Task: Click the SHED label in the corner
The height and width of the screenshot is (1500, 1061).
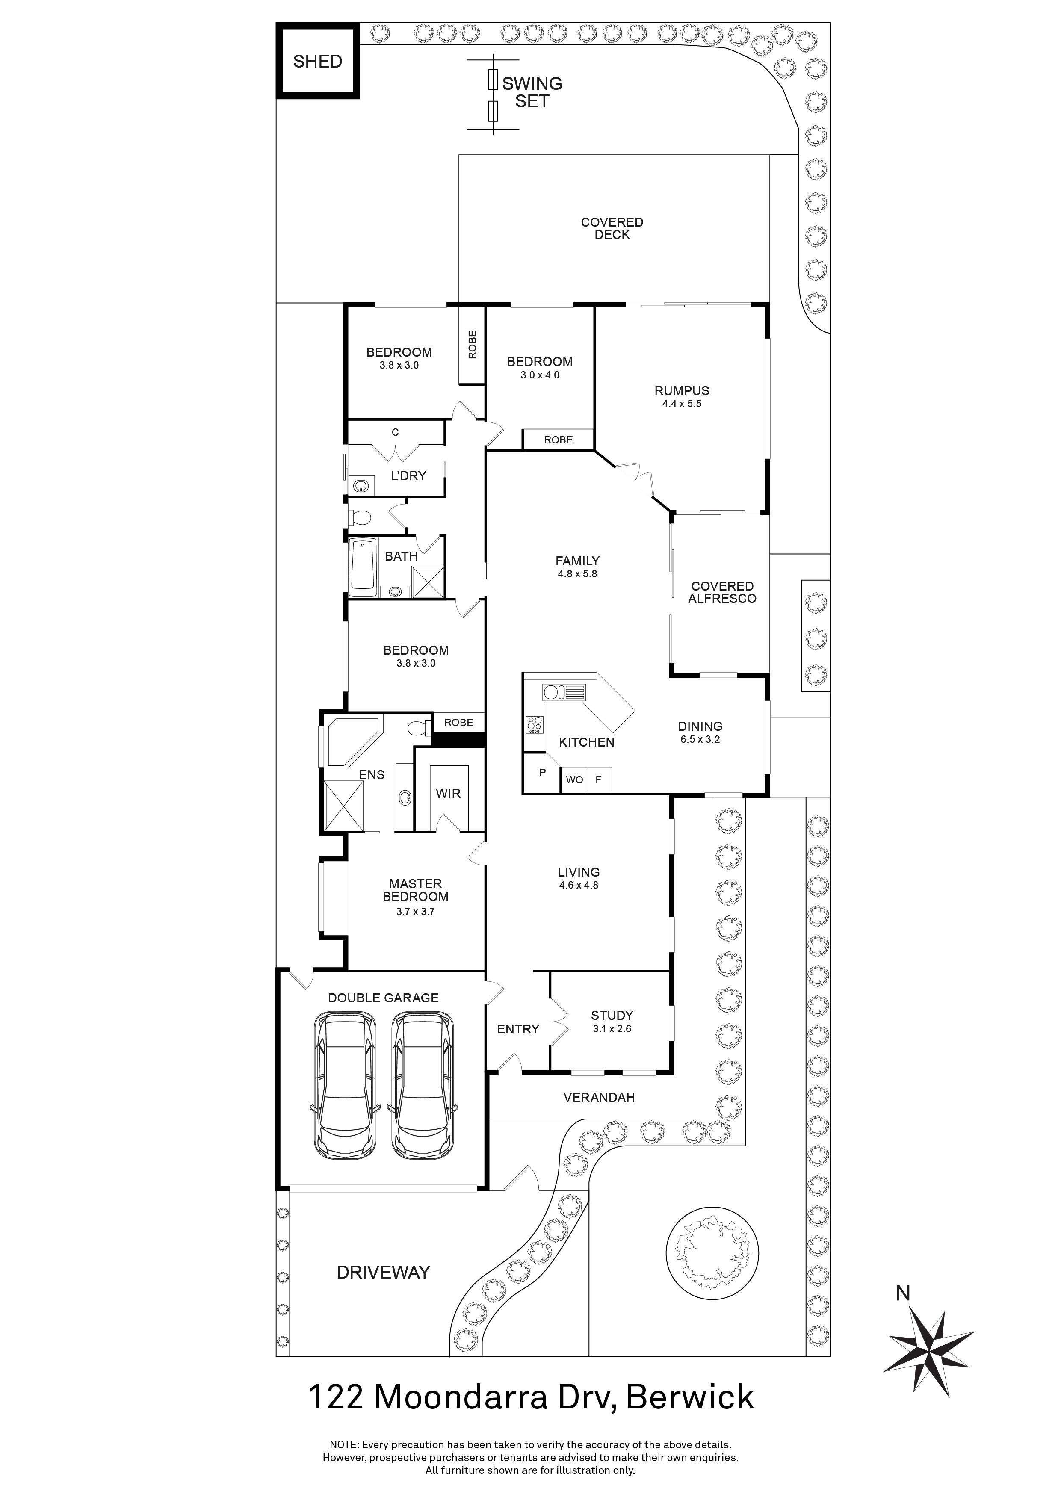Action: (x=317, y=62)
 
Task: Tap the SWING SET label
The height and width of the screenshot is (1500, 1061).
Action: (x=532, y=92)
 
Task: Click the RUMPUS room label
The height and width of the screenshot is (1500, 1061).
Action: (x=681, y=391)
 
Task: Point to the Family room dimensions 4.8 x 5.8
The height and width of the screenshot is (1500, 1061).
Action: (x=577, y=574)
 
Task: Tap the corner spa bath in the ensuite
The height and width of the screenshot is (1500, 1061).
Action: (x=352, y=741)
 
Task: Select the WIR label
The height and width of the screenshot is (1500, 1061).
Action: (x=448, y=793)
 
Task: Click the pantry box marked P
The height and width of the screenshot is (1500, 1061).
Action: (x=542, y=773)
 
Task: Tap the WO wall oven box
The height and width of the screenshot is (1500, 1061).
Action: (x=574, y=780)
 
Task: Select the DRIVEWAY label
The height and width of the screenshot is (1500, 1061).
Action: (x=384, y=1272)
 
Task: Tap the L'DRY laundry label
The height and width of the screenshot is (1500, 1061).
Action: (x=408, y=475)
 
